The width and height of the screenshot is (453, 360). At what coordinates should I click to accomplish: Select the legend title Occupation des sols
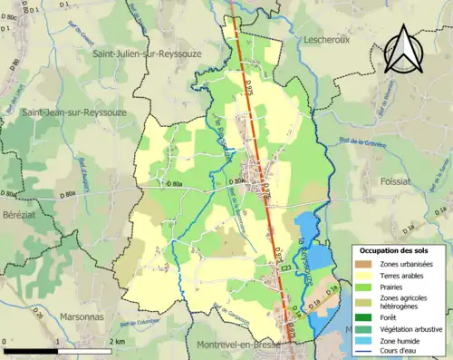coord(398,249)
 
